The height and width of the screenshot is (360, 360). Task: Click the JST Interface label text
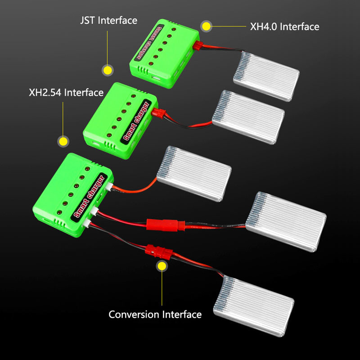108,20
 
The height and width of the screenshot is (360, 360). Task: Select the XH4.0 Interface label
284,27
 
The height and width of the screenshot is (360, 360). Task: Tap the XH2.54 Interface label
66,93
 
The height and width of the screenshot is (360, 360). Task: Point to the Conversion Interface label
155,314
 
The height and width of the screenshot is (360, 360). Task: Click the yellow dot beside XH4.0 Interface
206,26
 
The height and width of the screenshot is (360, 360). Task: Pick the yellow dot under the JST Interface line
108,70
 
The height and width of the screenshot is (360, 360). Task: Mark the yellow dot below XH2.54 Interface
63,141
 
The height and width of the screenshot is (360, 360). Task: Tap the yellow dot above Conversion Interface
161,266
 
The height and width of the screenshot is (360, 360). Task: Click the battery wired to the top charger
266,75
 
